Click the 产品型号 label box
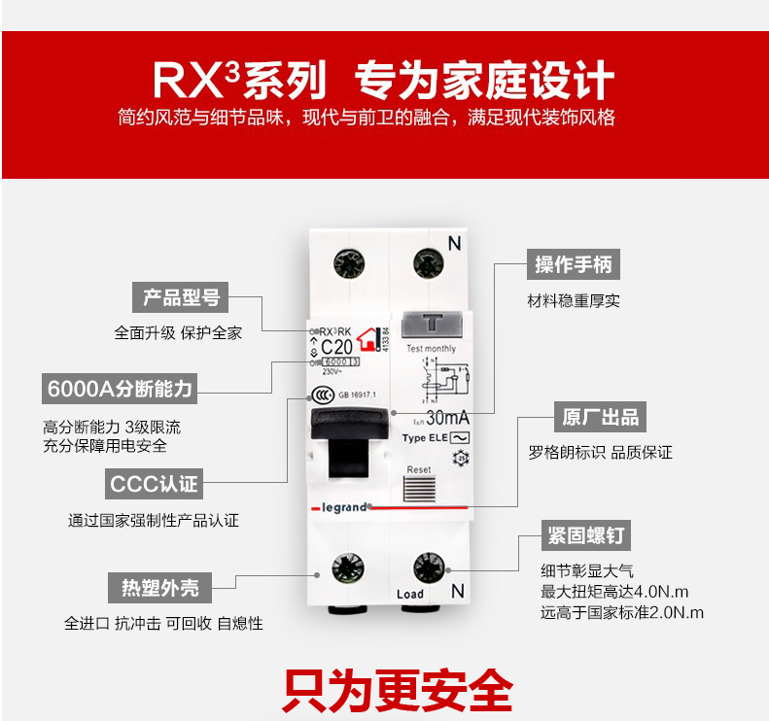click(181, 297)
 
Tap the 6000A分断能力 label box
click(120, 389)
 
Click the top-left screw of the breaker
click(347, 262)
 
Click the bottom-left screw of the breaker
click(347, 569)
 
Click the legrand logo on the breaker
click(339, 506)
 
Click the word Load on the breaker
click(410, 594)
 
